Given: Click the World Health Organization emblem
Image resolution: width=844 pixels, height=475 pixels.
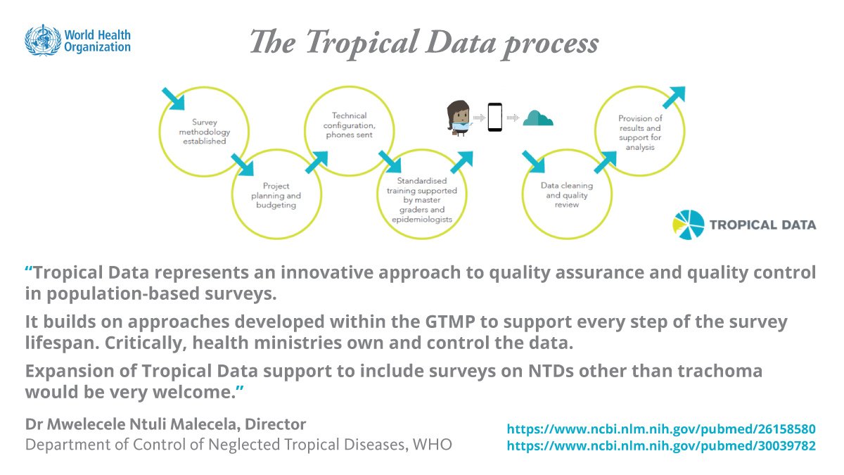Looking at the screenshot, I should coord(43,40).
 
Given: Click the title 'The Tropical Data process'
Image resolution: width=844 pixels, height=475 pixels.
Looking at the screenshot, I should coord(424,44).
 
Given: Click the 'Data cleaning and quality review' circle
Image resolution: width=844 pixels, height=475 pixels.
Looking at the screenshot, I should coord(566,195).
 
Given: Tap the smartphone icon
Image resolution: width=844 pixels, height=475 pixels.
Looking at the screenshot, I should coord(495,118).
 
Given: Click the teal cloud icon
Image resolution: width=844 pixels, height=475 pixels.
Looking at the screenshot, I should coord(539,118).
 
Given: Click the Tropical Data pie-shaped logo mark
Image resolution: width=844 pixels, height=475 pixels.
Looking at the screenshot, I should coord(687,224).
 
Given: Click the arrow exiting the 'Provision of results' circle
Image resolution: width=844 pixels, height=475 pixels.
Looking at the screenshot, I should coord(673,98).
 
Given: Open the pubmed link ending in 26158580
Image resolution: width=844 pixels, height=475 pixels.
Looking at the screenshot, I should coord(660,429).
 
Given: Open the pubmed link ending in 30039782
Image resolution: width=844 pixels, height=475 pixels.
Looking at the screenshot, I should coord(660,445).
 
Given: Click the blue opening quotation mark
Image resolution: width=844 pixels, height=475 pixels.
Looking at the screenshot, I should coord(29,272).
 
